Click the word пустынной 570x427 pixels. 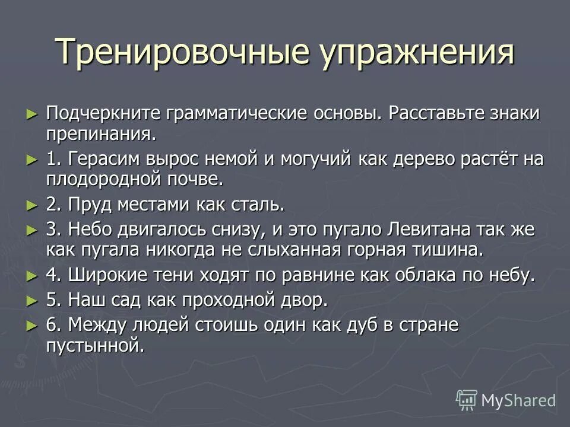[x=95, y=345]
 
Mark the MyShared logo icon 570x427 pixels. [x=467, y=400]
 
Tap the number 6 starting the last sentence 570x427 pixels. [x=51, y=324]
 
